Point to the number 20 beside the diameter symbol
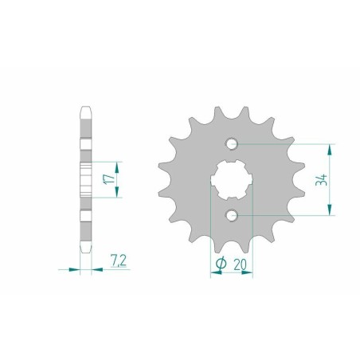click(x=240, y=264)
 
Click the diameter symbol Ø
click(x=220, y=264)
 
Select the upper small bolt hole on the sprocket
click(x=231, y=144)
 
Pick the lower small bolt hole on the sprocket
click(x=231, y=215)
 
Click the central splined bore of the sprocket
click(x=231, y=180)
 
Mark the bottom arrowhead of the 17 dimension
click(x=118, y=198)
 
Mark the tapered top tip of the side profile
click(x=86, y=109)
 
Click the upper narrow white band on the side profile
click(x=86, y=146)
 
